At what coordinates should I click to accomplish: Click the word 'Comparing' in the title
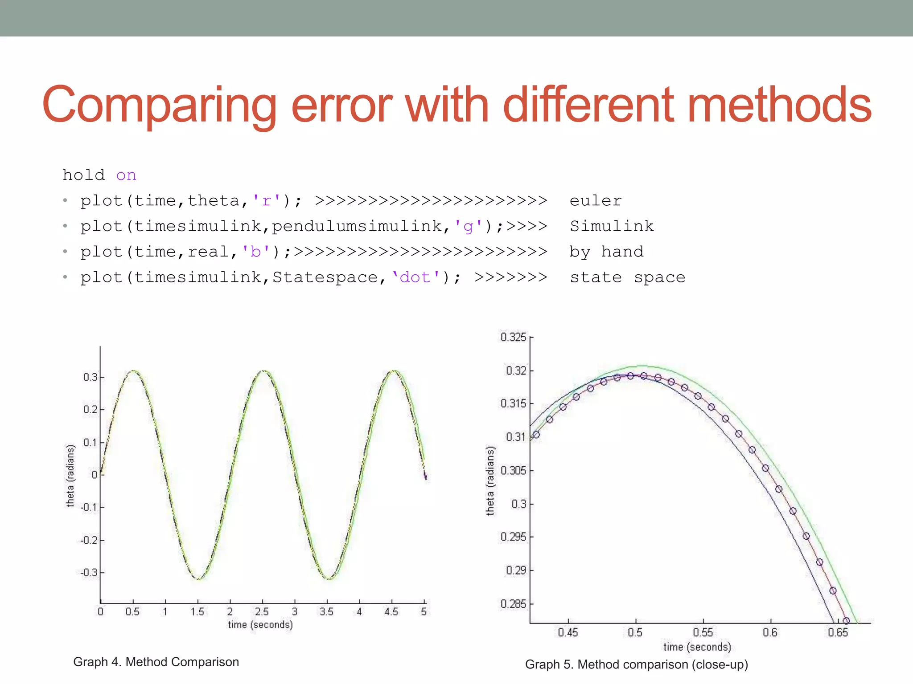[x=159, y=106]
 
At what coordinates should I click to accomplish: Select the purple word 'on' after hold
[x=126, y=175]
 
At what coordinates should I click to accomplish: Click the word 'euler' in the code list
[x=596, y=201]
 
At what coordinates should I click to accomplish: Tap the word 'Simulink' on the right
[x=612, y=226]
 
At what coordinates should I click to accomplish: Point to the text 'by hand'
[x=606, y=252]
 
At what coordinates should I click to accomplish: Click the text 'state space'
[x=627, y=277]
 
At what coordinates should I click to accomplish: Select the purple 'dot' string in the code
[x=415, y=277]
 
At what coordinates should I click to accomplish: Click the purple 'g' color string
[x=468, y=226]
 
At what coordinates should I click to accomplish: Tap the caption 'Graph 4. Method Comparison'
[x=156, y=662]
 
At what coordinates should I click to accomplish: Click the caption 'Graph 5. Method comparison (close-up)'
[x=636, y=665]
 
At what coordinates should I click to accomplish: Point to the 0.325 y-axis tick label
[x=513, y=337]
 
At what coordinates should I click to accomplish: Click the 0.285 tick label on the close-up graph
[x=513, y=604]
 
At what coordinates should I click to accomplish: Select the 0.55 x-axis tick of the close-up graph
[x=703, y=632]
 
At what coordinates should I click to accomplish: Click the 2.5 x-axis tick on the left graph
[x=262, y=612]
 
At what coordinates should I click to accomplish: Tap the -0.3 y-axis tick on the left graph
[x=89, y=573]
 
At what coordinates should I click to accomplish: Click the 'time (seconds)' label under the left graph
[x=260, y=625]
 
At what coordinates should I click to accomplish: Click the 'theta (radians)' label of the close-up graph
[x=490, y=481]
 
